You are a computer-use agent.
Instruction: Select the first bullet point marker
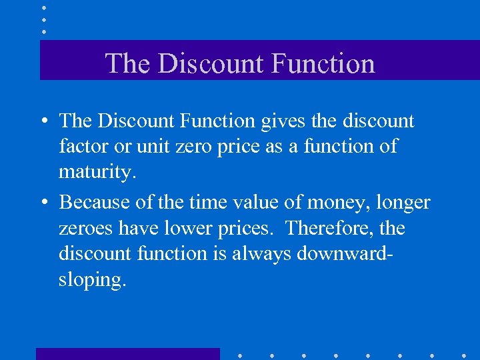tap(43, 121)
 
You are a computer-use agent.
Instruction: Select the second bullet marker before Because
tap(43, 202)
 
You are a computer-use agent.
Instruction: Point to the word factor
tap(82, 147)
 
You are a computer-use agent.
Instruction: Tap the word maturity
tap(97, 173)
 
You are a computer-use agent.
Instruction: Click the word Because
tap(100, 201)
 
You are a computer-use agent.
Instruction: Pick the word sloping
tap(91, 280)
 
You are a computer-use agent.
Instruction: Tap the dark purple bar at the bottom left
tap(127, 353)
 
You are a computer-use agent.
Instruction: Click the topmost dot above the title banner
tap(43, 9)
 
